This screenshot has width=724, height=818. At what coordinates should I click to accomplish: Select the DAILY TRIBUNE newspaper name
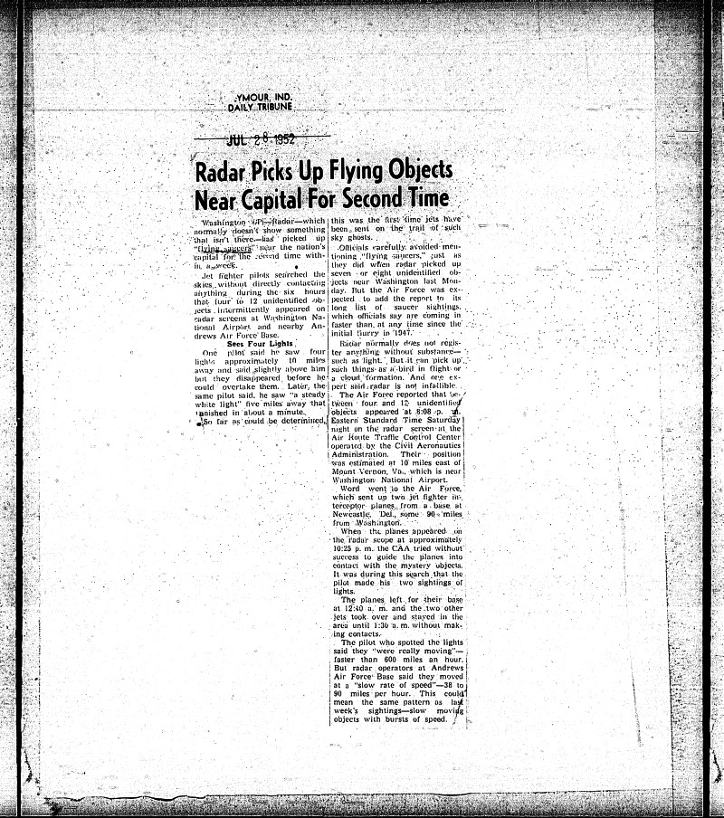coord(260,107)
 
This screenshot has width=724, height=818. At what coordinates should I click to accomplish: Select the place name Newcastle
coord(356,514)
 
